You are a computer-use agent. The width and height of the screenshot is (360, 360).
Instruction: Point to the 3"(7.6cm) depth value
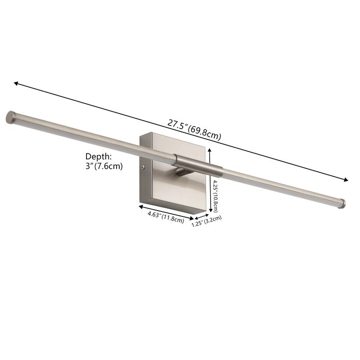104,166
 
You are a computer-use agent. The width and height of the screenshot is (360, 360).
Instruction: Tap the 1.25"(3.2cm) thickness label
207,221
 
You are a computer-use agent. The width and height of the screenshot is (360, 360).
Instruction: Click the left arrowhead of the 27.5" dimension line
16,83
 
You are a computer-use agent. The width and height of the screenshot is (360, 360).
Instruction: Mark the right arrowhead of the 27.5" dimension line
346,180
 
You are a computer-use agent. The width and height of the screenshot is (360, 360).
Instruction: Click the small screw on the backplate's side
143,167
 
